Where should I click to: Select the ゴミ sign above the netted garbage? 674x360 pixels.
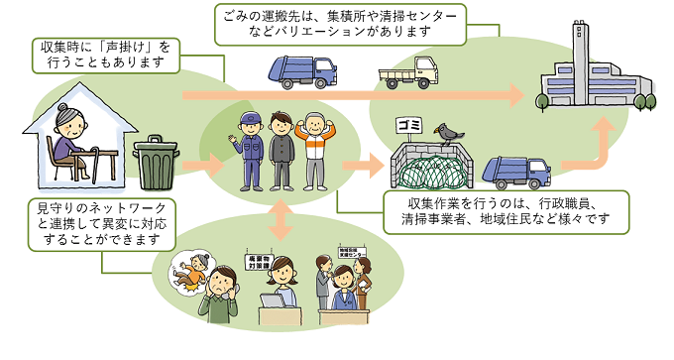(x=409, y=125)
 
